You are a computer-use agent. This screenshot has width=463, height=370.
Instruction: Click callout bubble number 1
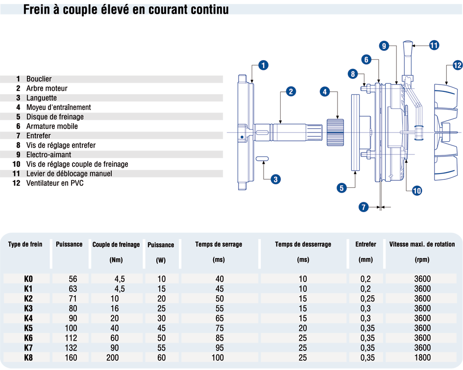point(263,65)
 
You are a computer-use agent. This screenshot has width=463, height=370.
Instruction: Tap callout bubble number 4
point(325,91)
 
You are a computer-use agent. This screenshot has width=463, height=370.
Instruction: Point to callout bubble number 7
point(363,207)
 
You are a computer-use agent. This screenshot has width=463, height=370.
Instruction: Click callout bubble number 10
point(416,191)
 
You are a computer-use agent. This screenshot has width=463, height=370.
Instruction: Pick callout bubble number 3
point(276,179)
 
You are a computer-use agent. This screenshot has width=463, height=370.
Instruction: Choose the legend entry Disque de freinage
point(55,117)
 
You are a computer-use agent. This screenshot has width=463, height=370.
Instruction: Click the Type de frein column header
point(25,244)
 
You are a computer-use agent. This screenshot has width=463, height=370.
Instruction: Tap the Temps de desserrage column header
point(303,244)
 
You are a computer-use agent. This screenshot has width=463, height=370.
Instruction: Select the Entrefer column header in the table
point(366,244)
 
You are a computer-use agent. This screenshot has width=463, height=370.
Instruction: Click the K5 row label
point(28,328)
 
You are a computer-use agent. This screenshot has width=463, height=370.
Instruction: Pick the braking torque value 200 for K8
point(113,358)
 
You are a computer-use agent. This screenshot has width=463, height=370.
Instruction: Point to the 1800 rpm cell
point(422,358)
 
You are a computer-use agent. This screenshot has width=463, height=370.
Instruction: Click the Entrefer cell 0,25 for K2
point(366,299)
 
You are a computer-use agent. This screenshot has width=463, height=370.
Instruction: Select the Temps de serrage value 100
point(219,358)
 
